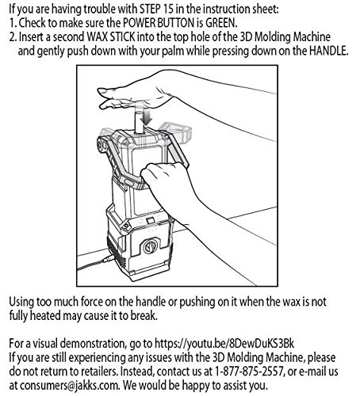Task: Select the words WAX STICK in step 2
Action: pos(113,37)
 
